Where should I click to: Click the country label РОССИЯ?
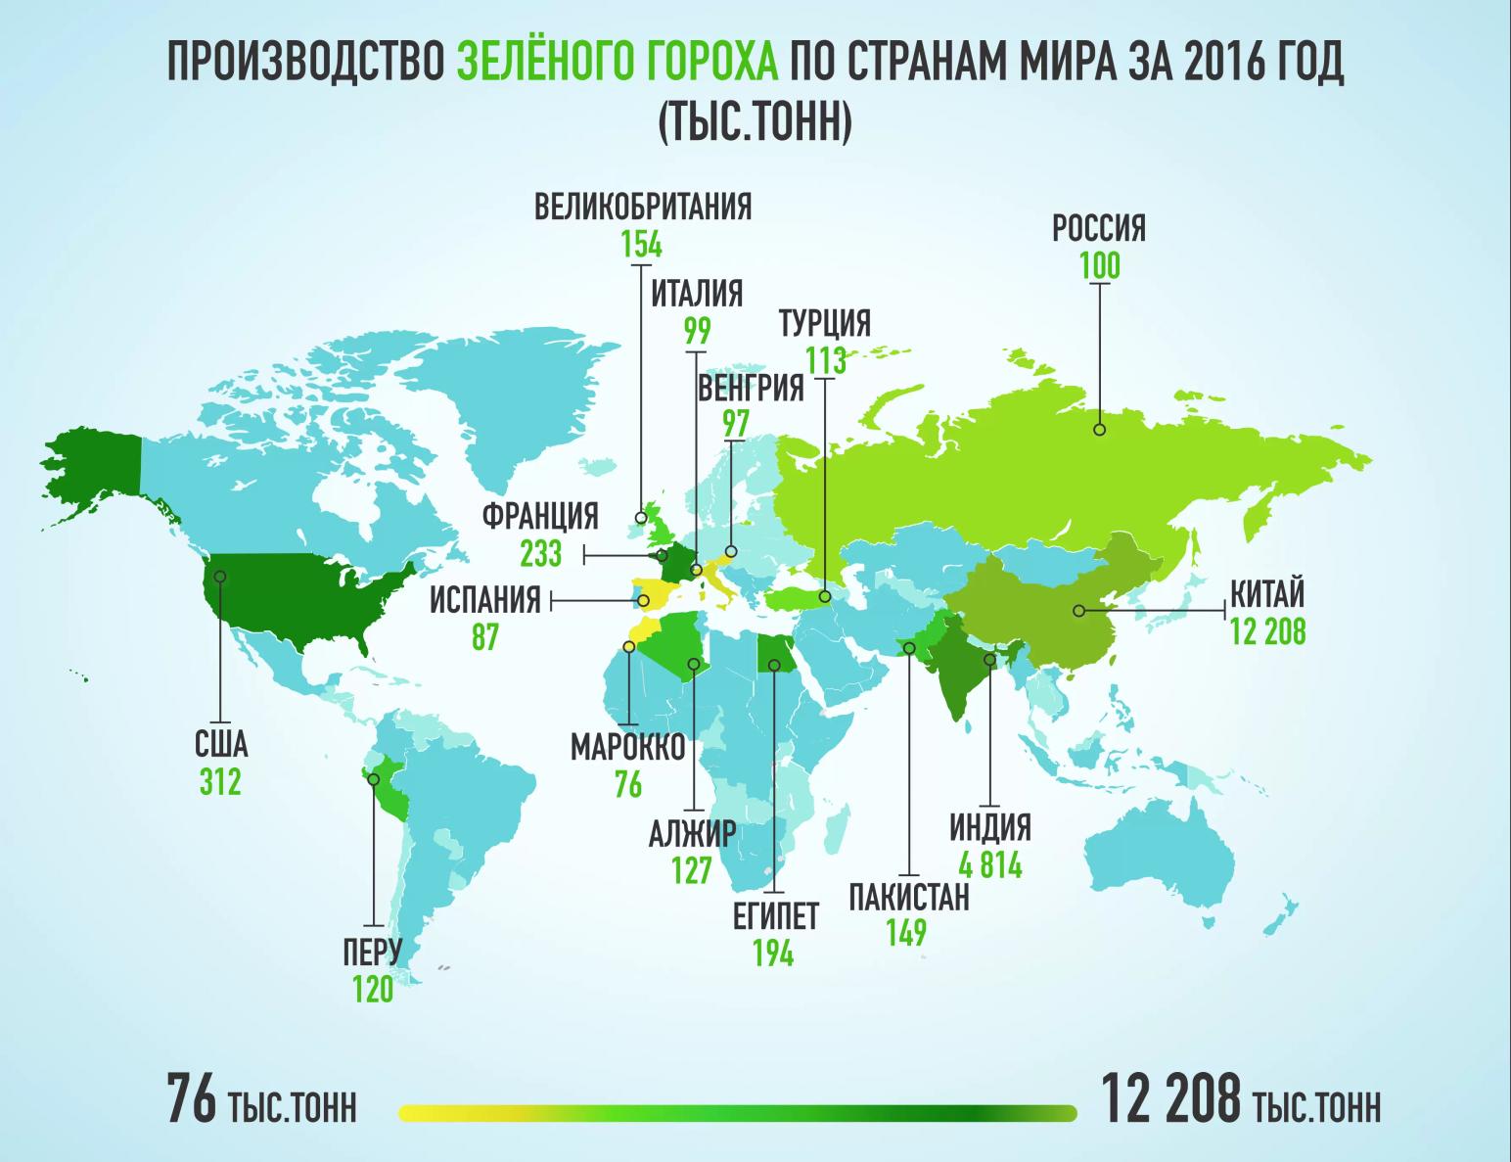click(1098, 229)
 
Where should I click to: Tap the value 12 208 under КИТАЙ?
click(1267, 632)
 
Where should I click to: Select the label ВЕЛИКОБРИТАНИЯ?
click(642, 208)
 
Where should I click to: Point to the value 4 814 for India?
click(990, 865)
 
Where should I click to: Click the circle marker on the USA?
click(220, 577)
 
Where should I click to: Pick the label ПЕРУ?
click(373, 952)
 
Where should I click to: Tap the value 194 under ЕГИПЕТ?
click(773, 953)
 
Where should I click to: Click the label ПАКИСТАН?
click(909, 897)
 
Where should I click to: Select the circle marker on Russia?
click(1100, 429)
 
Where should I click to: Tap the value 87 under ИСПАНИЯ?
click(484, 637)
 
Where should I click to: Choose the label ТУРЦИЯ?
click(824, 322)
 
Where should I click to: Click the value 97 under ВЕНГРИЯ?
click(736, 424)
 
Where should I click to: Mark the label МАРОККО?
click(627, 748)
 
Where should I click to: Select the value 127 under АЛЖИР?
click(691, 870)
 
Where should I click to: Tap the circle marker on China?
click(1078, 611)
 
